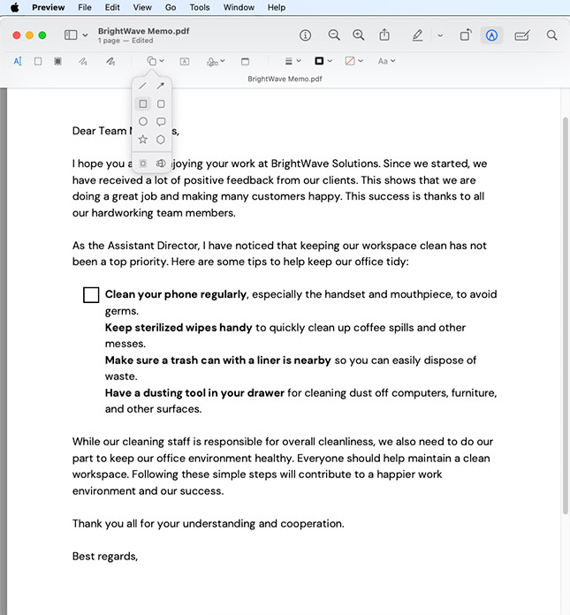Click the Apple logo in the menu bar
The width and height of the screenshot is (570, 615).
coord(14,7)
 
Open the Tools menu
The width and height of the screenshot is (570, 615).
coord(200,7)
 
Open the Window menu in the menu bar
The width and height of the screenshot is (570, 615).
coord(239,7)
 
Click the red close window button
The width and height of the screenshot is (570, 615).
coord(17,35)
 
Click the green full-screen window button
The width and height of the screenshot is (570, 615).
coord(42,35)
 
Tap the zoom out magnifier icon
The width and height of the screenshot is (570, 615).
coord(334,35)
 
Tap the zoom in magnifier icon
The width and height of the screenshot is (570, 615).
coord(358,35)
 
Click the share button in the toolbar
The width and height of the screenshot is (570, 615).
coord(384,35)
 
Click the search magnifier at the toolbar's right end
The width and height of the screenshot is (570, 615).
coord(551,35)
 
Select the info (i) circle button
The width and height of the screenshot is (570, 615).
coord(306,35)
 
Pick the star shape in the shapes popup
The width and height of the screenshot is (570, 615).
coord(143,140)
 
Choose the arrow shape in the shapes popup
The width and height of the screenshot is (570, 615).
coord(161,86)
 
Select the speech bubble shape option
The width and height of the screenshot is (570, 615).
coord(161,122)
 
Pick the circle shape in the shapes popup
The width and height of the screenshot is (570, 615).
coord(143,122)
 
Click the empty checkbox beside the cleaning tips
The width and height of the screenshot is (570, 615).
coord(91,295)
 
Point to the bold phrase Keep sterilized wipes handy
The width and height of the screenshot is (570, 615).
coord(179,328)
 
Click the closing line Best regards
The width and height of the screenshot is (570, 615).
coord(104,557)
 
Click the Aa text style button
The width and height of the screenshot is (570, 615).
coord(385,61)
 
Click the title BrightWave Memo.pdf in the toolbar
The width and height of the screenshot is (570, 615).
coord(143,31)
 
